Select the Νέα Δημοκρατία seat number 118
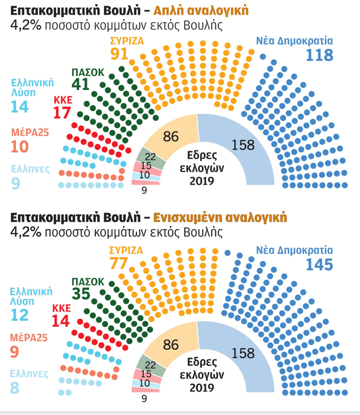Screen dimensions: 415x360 (319, 55)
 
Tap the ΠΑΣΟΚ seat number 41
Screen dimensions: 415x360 (80, 84)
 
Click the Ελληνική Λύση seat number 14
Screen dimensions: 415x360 (19, 107)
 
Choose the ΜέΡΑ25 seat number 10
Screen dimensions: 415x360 (19, 146)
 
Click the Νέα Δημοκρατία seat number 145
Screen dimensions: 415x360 (319, 265)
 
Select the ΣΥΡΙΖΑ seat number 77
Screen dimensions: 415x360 (119, 263)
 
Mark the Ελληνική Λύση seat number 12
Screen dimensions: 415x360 (19, 315)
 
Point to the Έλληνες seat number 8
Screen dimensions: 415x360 (15, 388)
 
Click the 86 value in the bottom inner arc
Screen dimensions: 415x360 (171, 344)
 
